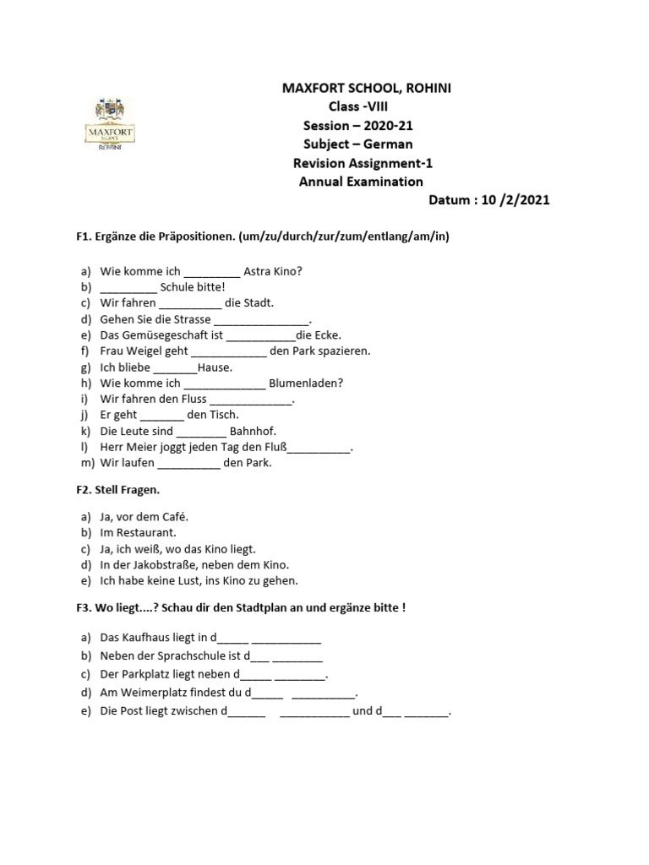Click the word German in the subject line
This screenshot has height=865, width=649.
click(387, 144)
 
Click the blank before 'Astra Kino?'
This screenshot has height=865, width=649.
click(211, 271)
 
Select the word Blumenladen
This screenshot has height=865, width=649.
click(304, 383)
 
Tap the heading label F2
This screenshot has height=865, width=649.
click(85, 490)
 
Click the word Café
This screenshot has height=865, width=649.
click(175, 516)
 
